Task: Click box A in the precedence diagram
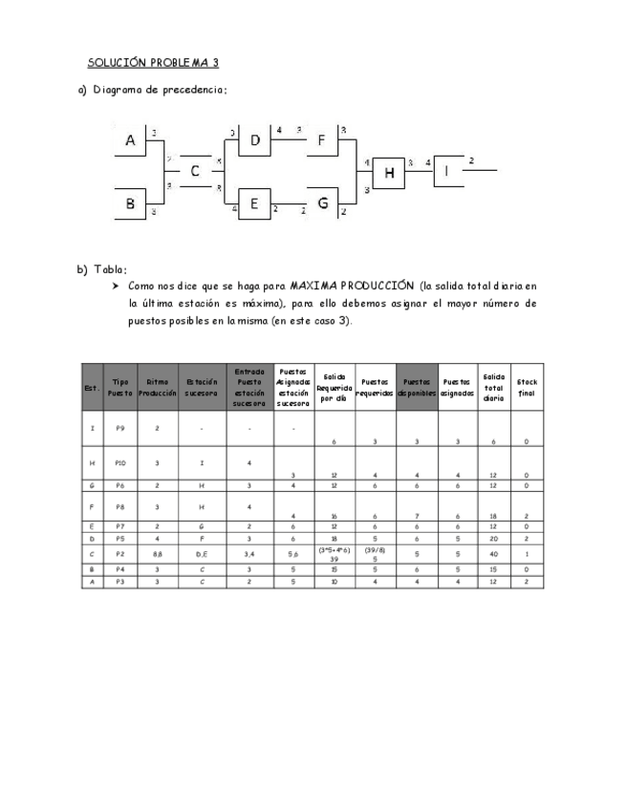pos(131,141)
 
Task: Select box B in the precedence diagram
pos(131,202)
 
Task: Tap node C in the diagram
pos(195,172)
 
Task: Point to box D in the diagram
pos(255,141)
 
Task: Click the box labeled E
pos(254,202)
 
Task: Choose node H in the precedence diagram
pos(389,173)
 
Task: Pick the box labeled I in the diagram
pos(446,172)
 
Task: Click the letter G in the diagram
pos(323,202)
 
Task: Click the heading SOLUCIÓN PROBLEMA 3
pos(153,63)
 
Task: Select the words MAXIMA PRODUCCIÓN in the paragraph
pos(351,286)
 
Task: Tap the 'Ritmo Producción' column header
pos(157,387)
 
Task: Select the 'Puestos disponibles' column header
pos(417,387)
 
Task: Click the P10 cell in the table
pos(120,462)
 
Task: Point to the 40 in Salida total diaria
pos(494,554)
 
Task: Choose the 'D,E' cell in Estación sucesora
pos(202,553)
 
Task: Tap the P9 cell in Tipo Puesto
pos(120,428)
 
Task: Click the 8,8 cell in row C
pos(157,553)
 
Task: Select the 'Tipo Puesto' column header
pos(120,387)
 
